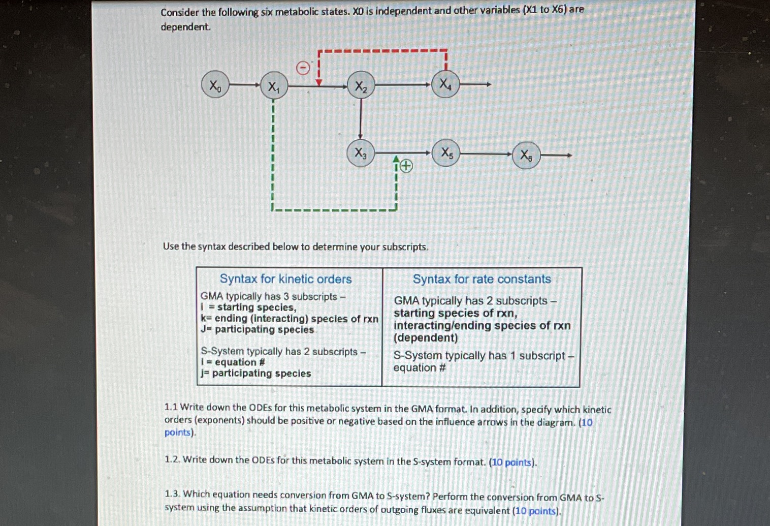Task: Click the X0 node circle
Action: pos(215,85)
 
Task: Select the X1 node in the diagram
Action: pos(274,86)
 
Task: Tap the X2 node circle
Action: pos(361,86)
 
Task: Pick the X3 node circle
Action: pos(360,152)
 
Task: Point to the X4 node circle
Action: pos(445,84)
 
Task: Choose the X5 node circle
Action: pos(446,152)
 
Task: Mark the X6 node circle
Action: pos(526,155)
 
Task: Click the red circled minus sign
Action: pos(303,68)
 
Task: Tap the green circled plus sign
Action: pos(406,166)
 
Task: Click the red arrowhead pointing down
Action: pos(318,81)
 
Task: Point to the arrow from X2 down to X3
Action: pos(360,118)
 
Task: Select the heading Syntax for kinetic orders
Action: pos(285,279)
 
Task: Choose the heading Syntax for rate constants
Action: pos(482,279)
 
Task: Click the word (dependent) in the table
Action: pos(426,338)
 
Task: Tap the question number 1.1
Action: pos(171,408)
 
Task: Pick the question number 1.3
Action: pos(172,494)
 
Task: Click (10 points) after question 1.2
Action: pos(512,462)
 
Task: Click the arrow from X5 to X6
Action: pos(486,154)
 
